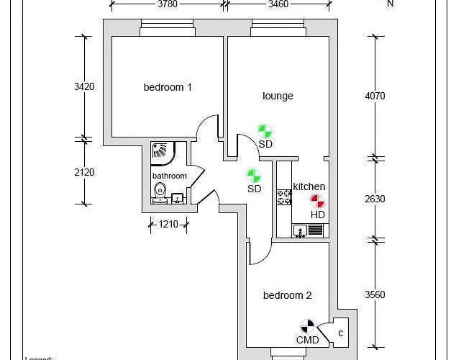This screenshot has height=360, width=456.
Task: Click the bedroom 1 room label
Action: (x=168, y=88)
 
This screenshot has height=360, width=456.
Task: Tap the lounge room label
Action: (x=278, y=96)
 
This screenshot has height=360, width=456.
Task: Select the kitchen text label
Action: (x=309, y=186)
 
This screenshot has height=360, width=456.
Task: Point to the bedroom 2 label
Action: (x=287, y=295)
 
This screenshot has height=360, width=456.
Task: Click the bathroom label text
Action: (x=169, y=176)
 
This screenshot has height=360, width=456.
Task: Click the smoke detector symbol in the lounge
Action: (x=265, y=131)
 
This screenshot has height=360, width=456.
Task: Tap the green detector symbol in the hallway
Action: (x=253, y=176)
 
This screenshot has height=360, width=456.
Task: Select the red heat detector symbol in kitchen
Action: (x=316, y=201)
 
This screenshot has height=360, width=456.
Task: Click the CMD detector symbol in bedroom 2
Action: (x=307, y=327)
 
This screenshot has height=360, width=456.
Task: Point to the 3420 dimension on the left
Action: (x=84, y=86)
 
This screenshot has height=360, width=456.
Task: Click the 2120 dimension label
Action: (x=84, y=172)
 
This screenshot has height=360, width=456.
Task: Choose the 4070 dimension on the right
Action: (x=375, y=95)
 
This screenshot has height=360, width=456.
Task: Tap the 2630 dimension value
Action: (x=375, y=199)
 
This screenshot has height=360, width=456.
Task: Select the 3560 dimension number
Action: (x=375, y=294)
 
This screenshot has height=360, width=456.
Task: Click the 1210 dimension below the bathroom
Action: (x=168, y=225)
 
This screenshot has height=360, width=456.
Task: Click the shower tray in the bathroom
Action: (x=161, y=151)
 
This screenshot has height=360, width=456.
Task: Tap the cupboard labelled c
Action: (x=340, y=332)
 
